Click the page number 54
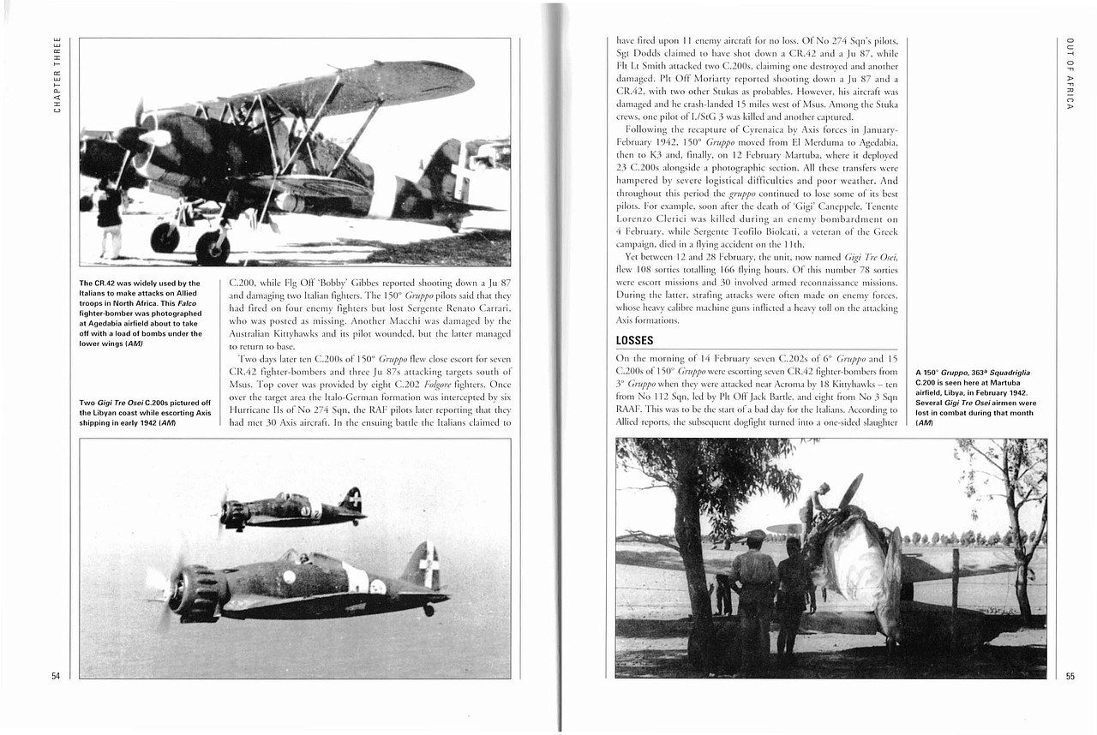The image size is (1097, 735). (56, 676)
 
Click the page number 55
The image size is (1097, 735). (1070, 676)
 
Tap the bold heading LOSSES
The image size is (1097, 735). (635, 340)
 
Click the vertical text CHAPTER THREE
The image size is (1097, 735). (57, 74)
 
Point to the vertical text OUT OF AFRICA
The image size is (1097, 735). (1070, 74)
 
